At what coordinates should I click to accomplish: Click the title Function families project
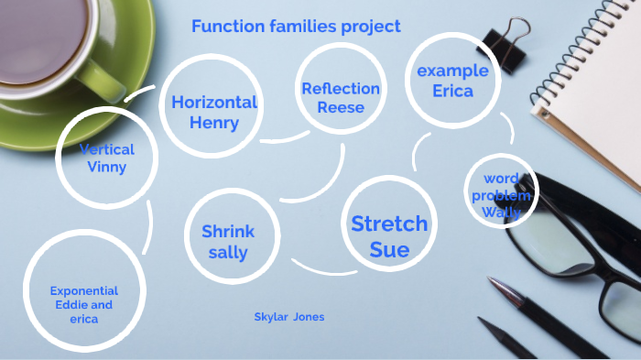(296, 27)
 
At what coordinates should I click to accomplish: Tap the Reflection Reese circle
(341, 98)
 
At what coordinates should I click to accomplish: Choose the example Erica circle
(452, 81)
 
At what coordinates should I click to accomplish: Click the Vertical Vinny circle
(107, 158)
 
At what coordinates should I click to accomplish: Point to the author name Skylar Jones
(289, 317)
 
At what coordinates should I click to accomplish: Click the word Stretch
(389, 224)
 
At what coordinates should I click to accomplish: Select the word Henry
(213, 122)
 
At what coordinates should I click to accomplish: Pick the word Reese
(341, 107)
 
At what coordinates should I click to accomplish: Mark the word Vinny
(107, 167)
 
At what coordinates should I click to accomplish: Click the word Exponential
(84, 290)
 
